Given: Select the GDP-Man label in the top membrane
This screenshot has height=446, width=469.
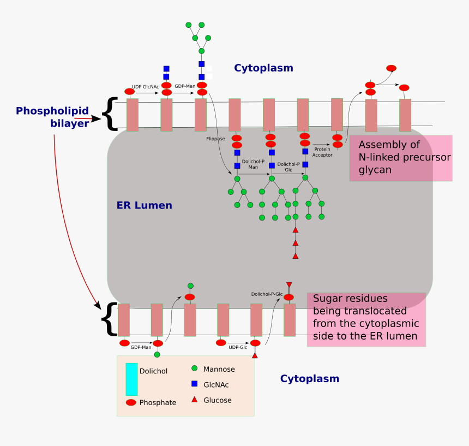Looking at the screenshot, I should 185,86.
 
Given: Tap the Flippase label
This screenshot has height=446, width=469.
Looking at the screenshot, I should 215,139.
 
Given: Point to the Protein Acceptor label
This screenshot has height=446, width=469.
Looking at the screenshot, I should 322,152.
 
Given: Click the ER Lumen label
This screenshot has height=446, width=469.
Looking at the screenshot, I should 144,206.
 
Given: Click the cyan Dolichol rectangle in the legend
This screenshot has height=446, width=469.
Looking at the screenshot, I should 131,379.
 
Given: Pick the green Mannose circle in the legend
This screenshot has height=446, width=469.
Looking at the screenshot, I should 194,369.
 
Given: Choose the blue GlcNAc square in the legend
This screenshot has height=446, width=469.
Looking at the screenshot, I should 194,384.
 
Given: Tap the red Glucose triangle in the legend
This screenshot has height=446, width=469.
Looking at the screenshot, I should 194,400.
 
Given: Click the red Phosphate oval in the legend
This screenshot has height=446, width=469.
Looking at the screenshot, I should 131,402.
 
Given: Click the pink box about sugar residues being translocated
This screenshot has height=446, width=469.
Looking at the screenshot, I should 366,319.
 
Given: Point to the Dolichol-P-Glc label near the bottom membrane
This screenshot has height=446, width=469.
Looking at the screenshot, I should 267,294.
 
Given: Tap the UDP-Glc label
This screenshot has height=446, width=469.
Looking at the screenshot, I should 238,347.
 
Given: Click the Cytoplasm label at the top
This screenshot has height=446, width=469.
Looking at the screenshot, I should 263,68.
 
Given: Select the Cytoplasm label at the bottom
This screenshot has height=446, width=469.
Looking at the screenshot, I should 309,379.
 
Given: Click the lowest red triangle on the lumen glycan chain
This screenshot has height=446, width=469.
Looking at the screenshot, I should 295,255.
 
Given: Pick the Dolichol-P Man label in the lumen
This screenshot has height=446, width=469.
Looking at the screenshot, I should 253,164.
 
